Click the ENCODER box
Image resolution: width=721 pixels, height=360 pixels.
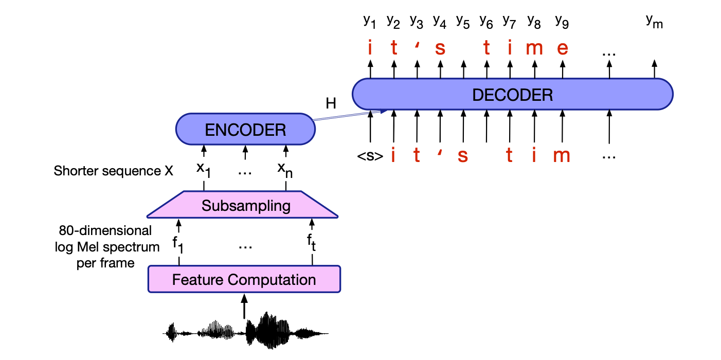pyautogui.click(x=245, y=130)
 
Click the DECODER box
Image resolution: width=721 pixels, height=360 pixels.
pyautogui.click(x=512, y=95)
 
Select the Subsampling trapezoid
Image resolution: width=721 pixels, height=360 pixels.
pyautogui.click(x=246, y=206)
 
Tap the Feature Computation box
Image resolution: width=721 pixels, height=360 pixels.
pyautogui.click(x=244, y=280)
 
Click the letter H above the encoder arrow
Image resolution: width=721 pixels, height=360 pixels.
pyautogui.click(x=331, y=103)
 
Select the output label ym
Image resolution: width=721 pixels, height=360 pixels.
pyautogui.click(x=654, y=21)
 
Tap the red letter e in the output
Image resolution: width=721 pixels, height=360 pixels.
pyautogui.click(x=563, y=48)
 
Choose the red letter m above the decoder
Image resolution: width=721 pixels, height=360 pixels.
pyautogui.click(x=535, y=48)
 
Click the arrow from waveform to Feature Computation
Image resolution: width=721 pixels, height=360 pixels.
pyautogui.click(x=244, y=307)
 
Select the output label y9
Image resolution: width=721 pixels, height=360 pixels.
pyautogui.click(x=562, y=21)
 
